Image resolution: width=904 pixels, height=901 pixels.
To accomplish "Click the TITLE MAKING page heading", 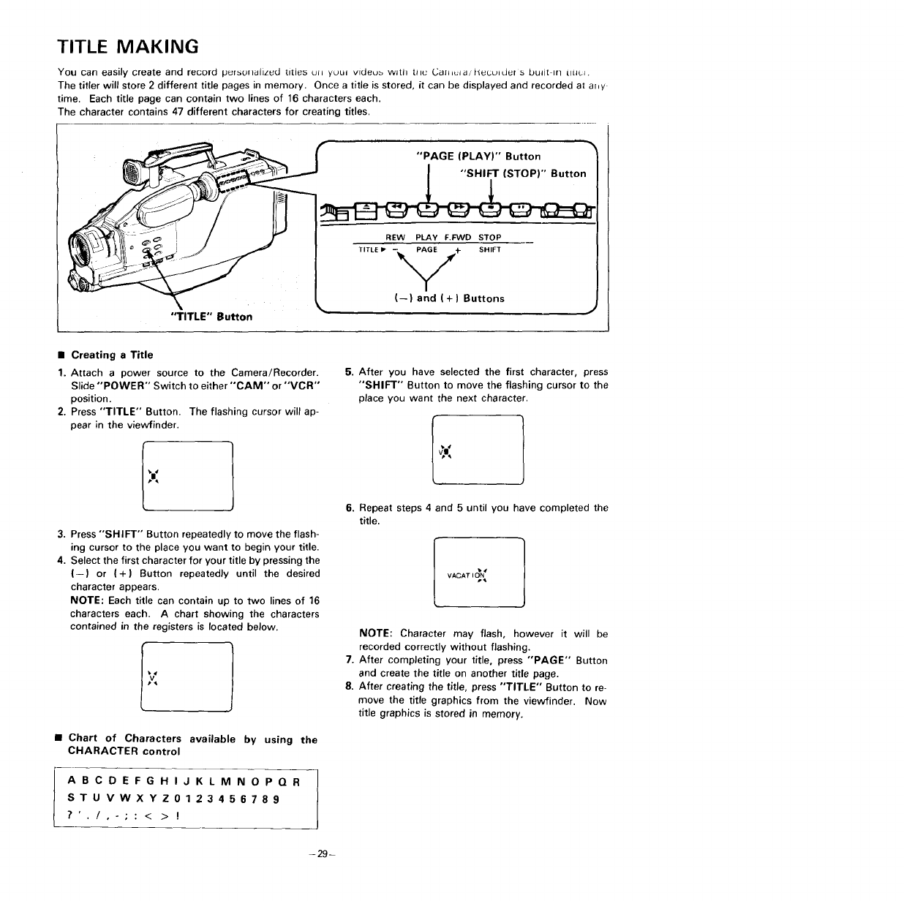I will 128,47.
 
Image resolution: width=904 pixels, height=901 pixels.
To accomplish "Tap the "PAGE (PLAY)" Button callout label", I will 478,156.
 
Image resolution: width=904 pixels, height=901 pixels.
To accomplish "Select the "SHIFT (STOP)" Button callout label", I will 522,173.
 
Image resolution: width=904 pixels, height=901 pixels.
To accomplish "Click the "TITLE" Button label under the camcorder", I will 211,317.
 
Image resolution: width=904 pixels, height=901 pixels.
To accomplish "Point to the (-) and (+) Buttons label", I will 448,298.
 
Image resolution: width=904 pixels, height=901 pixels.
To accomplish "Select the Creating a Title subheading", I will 112,355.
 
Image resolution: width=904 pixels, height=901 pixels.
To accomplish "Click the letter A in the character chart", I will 70,780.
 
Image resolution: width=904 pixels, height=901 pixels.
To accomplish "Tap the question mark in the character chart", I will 69,814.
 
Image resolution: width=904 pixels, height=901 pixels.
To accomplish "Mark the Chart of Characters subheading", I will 192,745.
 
